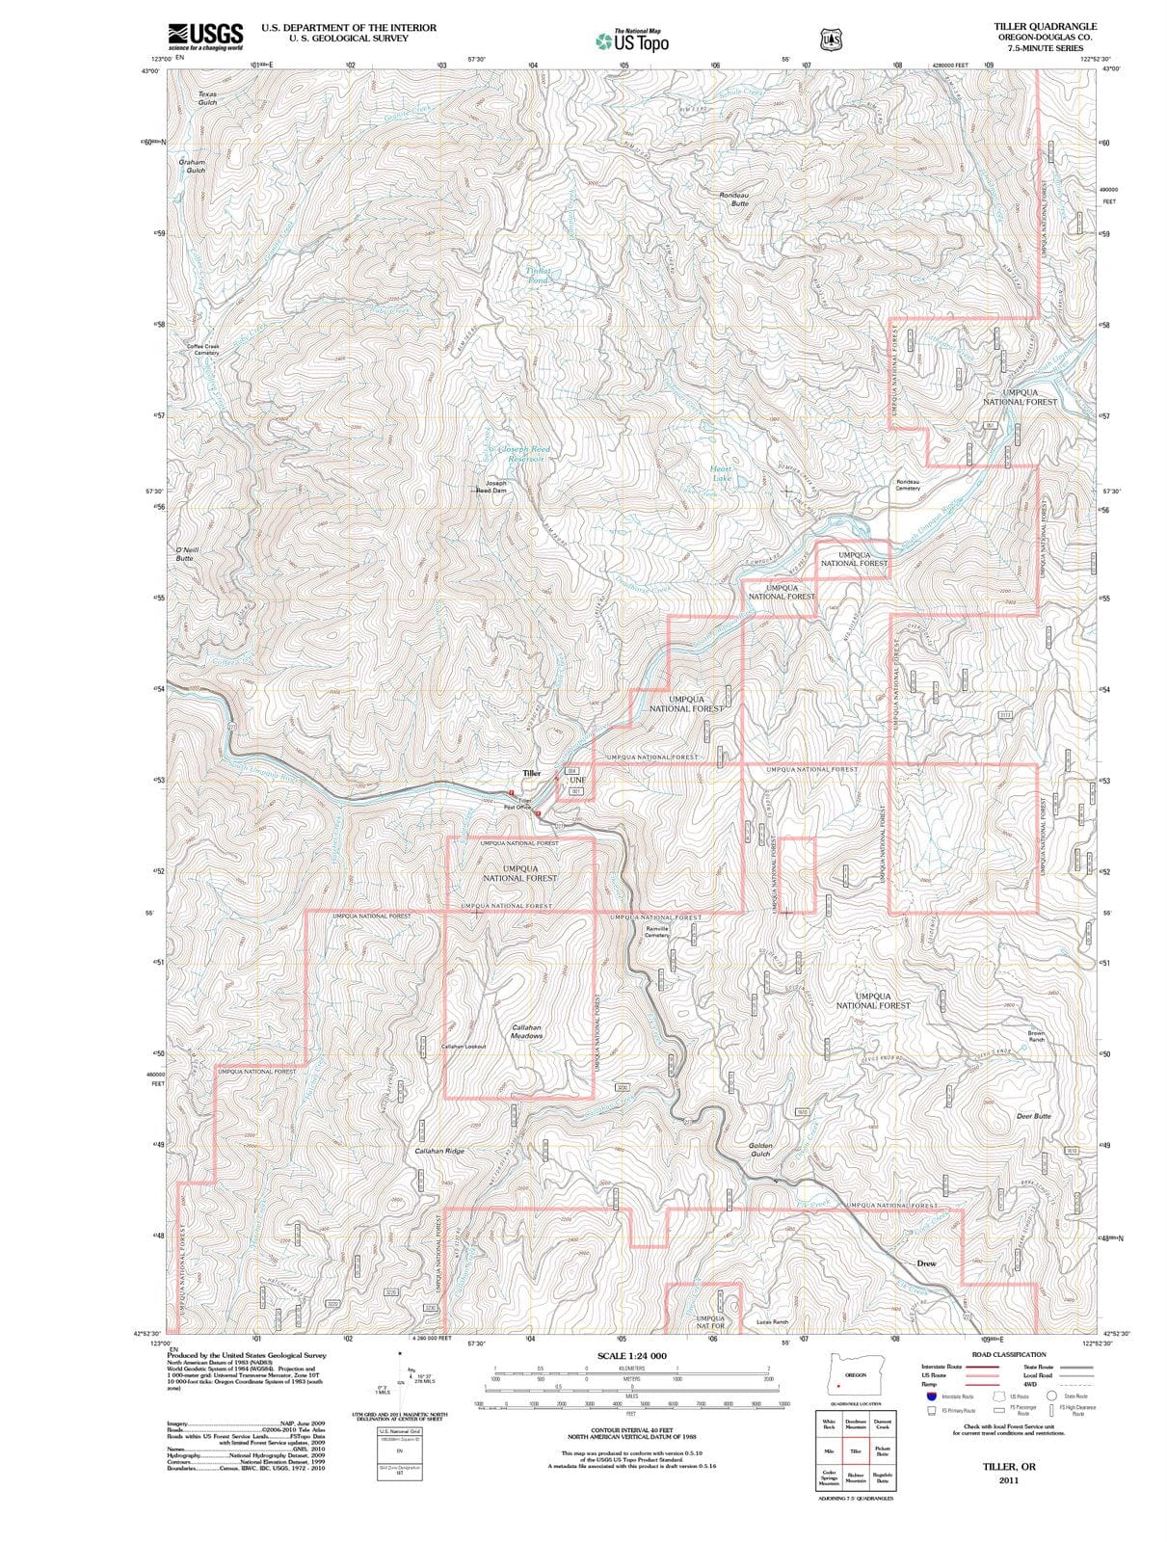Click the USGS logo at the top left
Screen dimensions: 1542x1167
pyautogui.click(x=204, y=37)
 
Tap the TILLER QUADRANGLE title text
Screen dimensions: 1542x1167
pyautogui.click(x=1046, y=26)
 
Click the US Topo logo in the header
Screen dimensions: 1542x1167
pyautogui.click(x=632, y=41)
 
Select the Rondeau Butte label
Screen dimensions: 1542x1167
pyautogui.click(x=734, y=199)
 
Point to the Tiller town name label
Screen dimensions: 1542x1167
pyautogui.click(x=532, y=773)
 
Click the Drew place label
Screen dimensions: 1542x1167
pyautogui.click(x=926, y=1263)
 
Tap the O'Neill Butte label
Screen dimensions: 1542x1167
pyautogui.click(x=185, y=554)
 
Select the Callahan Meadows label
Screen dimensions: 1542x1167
pyautogui.click(x=526, y=1031)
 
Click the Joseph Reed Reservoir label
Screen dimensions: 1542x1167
pyautogui.click(x=520, y=454)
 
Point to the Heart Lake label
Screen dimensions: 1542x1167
pyautogui.click(x=721, y=474)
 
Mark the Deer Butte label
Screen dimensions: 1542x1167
pyautogui.click(x=1034, y=1116)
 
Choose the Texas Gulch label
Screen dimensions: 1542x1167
pyautogui.click(x=207, y=98)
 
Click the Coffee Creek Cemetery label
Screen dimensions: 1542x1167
pyautogui.click(x=203, y=350)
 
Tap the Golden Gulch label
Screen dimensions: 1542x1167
pyautogui.click(x=760, y=1150)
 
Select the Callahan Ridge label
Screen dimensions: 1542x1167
pyautogui.click(x=439, y=1151)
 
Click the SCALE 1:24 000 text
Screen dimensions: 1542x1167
pyautogui.click(x=632, y=1355)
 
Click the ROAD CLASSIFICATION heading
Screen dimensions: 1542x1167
pyautogui.click(x=1008, y=1354)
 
